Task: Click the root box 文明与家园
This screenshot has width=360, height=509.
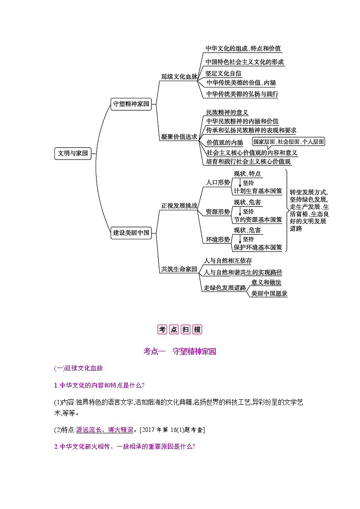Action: tap(73, 154)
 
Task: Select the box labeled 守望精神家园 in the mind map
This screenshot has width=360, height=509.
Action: tap(131, 104)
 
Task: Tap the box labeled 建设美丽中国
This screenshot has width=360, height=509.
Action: tap(131, 233)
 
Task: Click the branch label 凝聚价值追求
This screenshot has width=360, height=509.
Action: tap(179, 136)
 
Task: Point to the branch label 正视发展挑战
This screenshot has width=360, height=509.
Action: tap(179, 205)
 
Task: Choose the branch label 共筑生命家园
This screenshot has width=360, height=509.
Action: tap(179, 269)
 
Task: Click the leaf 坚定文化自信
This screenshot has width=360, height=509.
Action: tap(223, 73)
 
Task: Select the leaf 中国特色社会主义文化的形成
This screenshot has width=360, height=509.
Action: tap(244, 62)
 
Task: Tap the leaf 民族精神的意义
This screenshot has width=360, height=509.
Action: tap(227, 112)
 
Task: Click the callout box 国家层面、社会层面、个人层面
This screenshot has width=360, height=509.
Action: tap(288, 142)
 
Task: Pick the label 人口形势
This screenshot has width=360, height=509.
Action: tap(218, 182)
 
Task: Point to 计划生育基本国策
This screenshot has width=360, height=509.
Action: tap(258, 191)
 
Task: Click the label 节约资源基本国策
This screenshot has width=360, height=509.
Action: tap(258, 219)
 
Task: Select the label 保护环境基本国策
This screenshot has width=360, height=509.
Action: tap(258, 247)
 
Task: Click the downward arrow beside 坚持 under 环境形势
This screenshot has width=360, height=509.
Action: tap(239, 239)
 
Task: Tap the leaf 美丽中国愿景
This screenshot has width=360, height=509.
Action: tap(269, 293)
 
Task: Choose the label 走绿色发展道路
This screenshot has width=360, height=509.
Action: tap(224, 288)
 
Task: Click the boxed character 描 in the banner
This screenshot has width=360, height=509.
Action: tap(197, 330)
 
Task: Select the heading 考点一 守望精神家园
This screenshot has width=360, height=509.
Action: tap(180, 351)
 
